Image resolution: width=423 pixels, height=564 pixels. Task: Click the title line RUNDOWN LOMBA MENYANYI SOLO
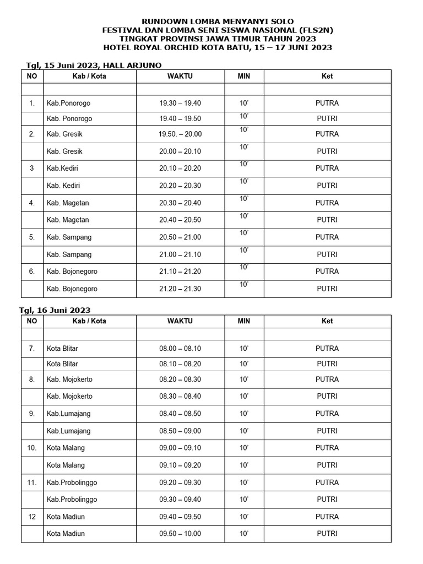coord(218,21)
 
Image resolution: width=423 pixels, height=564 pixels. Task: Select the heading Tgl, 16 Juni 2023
coord(58,310)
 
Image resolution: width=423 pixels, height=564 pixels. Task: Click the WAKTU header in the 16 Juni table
coord(180,321)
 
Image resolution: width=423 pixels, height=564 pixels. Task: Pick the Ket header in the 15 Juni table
coord(327,76)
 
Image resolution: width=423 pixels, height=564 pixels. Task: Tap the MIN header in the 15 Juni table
coord(244,76)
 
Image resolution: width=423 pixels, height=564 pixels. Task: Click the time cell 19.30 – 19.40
coord(180,103)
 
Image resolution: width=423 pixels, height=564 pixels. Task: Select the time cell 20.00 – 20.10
coord(180,151)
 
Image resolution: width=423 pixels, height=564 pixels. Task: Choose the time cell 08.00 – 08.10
coord(180,348)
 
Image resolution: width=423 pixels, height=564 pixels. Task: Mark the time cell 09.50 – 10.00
coord(180,534)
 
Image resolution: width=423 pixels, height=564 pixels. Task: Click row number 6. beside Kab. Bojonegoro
coord(32,272)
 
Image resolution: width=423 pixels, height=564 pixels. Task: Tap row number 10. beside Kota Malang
coord(32,448)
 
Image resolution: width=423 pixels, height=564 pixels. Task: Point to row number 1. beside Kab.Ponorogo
coord(32,103)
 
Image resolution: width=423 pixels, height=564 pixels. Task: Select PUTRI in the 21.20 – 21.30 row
coord(327,289)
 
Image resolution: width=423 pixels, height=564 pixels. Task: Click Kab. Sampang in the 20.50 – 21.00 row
coord(69,237)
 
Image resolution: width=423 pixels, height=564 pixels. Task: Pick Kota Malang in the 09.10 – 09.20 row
coord(66,465)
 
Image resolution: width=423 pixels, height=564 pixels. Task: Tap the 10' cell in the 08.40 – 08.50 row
coord(244,414)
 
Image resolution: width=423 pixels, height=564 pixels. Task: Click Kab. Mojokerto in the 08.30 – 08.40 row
coord(69,397)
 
